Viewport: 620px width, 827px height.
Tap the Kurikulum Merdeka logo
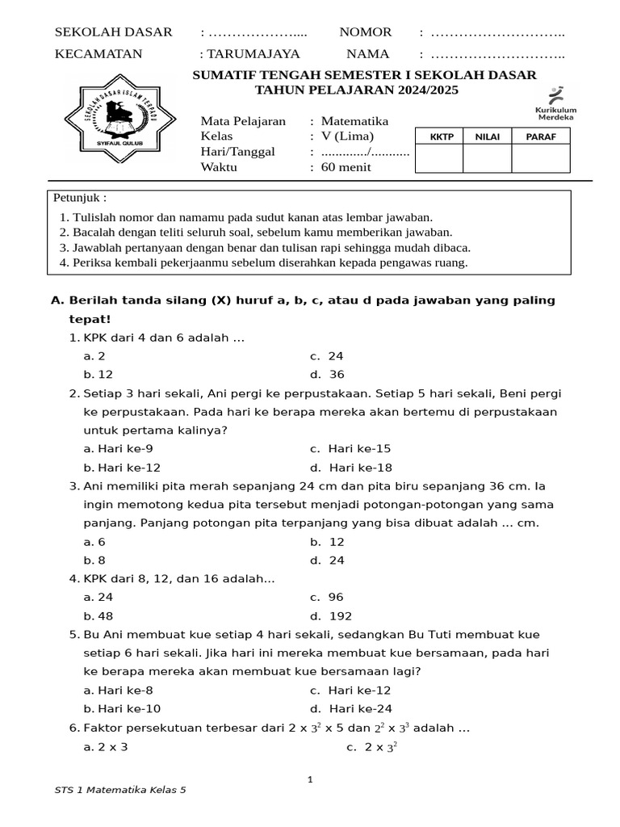click(x=555, y=103)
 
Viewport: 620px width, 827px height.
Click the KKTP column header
click(x=438, y=136)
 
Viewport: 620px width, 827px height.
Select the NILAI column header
click(x=487, y=136)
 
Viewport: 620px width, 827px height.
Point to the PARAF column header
click(x=540, y=136)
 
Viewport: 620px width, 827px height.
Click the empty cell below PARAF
click(x=540, y=159)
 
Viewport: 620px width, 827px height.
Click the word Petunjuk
click(x=80, y=198)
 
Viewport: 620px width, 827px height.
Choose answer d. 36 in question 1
click(x=327, y=374)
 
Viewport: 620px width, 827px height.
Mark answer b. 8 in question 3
click(x=94, y=560)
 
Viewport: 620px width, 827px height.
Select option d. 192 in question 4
click(x=331, y=615)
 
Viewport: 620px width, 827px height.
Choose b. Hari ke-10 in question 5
click(x=122, y=708)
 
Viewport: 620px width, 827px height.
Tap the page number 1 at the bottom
click(x=309, y=779)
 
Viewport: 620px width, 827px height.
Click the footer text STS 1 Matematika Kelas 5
click(x=120, y=790)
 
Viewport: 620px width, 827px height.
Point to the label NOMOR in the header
click(x=366, y=32)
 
